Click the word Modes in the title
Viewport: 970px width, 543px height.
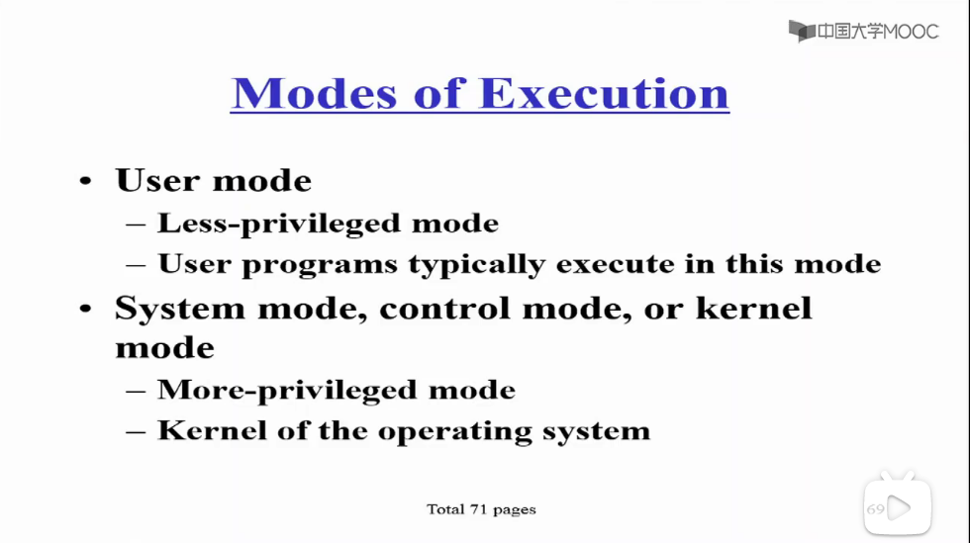click(315, 94)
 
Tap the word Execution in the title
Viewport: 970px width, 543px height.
click(604, 94)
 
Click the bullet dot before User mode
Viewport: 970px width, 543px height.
click(85, 181)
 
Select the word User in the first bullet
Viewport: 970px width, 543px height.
click(157, 180)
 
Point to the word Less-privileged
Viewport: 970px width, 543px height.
click(279, 224)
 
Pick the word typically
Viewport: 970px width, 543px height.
click(476, 265)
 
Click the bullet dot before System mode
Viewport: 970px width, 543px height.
click(85, 308)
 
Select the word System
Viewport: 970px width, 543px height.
click(180, 309)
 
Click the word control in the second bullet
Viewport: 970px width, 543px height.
click(444, 308)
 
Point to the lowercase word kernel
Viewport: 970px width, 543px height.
click(753, 308)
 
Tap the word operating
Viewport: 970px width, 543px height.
click(454, 431)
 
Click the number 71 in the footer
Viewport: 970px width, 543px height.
click(478, 509)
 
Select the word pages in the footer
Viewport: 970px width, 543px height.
click(514, 510)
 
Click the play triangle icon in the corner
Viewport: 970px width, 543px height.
click(899, 508)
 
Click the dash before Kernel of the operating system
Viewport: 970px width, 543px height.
click(136, 431)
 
